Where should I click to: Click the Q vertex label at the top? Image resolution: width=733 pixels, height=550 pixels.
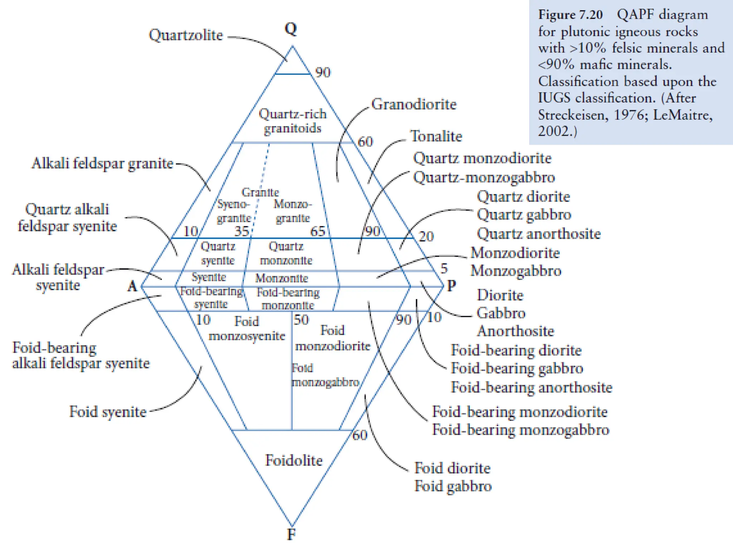click(291, 29)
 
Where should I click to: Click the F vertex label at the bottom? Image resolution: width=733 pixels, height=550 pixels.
click(291, 534)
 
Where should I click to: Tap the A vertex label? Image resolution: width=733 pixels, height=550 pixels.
click(132, 286)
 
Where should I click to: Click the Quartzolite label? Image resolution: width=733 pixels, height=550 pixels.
click(186, 35)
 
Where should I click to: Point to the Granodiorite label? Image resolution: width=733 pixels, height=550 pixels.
click(414, 104)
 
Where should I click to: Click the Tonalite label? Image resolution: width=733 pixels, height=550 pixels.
click(436, 136)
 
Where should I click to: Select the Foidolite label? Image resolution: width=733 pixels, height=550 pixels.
click(293, 460)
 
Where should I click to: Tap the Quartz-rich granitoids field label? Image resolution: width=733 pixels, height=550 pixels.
click(292, 121)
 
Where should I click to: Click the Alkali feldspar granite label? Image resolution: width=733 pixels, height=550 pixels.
click(102, 163)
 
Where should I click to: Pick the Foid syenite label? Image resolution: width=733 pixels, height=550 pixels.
click(108, 412)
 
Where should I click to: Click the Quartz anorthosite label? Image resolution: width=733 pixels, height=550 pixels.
click(539, 234)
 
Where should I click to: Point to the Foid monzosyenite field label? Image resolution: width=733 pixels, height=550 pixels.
click(247, 329)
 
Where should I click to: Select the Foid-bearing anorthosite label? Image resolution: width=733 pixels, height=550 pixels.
click(531, 387)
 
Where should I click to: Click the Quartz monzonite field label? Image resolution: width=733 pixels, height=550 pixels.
click(286, 253)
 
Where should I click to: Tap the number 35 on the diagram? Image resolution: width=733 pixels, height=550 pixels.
click(242, 231)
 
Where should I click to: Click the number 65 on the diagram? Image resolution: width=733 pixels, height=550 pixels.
click(317, 231)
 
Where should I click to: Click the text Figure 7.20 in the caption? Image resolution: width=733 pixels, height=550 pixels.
click(571, 15)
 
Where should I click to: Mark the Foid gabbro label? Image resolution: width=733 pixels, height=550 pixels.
click(453, 486)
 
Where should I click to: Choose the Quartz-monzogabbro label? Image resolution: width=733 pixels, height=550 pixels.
click(484, 177)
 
